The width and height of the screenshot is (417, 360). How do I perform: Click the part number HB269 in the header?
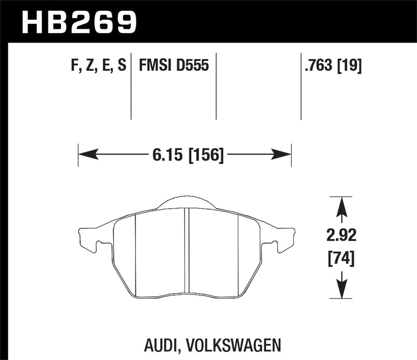(x=79, y=22)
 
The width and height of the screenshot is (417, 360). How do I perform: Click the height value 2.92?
(x=341, y=236)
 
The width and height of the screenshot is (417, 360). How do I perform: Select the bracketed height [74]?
(x=341, y=258)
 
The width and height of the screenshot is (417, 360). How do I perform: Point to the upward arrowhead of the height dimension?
(x=342, y=205)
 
